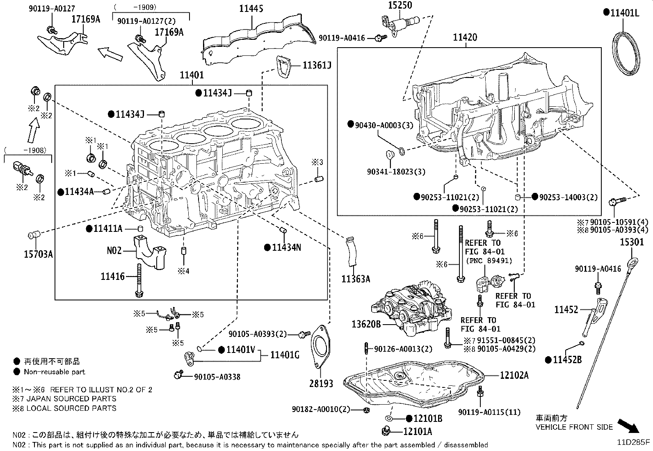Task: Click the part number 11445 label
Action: click(x=251, y=9)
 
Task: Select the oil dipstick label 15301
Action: click(x=631, y=242)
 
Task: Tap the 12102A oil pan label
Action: click(x=514, y=375)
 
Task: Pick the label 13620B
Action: click(x=366, y=324)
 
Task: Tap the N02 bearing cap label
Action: click(x=114, y=251)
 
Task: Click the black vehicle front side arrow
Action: click(x=628, y=426)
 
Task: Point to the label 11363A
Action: click(x=356, y=279)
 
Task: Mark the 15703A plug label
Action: click(x=38, y=254)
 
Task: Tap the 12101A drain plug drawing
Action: click(x=386, y=430)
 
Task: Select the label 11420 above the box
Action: click(x=465, y=37)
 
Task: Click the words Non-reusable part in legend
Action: click(x=55, y=372)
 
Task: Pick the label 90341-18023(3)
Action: click(x=396, y=172)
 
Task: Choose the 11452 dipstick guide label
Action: click(x=566, y=309)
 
